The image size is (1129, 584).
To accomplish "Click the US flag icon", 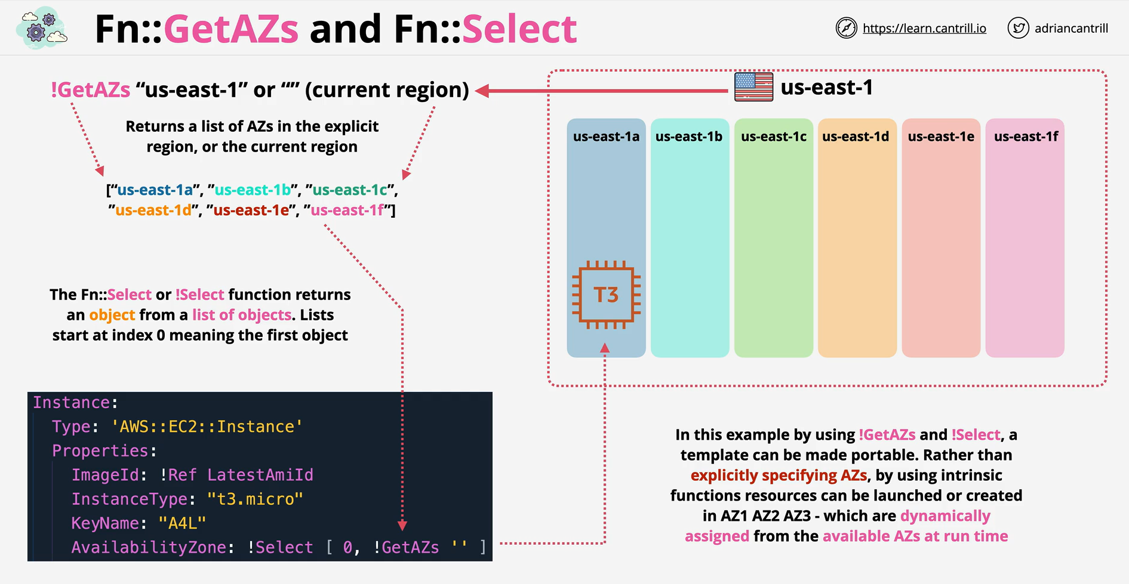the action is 753,87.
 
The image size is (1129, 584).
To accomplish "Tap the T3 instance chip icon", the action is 606,295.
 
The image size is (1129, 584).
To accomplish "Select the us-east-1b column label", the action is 689,137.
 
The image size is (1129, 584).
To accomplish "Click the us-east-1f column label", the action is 1026,137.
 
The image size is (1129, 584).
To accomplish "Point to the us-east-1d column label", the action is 856,137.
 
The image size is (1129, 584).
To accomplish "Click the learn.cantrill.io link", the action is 924,28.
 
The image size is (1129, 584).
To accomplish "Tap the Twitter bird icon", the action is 1018,28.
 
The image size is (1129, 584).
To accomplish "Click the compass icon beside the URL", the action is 846,28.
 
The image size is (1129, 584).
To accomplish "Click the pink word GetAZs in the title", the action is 231,29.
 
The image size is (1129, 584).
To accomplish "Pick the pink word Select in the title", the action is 519,29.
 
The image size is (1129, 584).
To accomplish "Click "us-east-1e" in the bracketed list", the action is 251,211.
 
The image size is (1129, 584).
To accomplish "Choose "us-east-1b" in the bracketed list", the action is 253,190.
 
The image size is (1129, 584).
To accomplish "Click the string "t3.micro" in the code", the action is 255,499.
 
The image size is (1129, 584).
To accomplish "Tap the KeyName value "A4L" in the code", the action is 182,523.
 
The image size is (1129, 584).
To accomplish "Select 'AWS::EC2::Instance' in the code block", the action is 207,427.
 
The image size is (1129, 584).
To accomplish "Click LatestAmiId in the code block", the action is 260,475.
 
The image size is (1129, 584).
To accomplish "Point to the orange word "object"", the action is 112,315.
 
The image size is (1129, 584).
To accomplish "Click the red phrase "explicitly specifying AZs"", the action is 779,475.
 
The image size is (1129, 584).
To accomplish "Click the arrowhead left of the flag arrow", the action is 482,91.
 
